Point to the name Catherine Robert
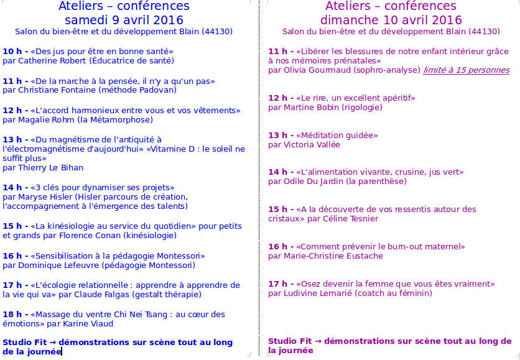(52, 61)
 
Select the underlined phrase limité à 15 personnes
(466, 70)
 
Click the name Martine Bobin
(310, 108)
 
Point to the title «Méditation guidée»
(337, 135)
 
